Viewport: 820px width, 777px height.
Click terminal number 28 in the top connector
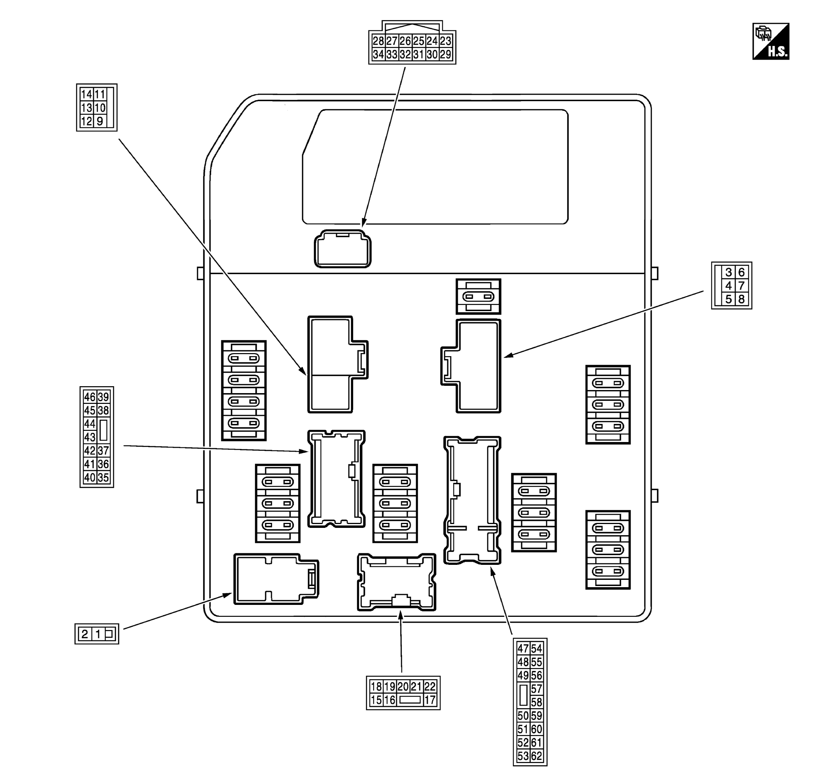(378, 41)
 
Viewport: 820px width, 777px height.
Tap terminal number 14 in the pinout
(87, 94)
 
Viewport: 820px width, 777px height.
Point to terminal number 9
(100, 121)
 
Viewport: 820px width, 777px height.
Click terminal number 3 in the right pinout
(728, 272)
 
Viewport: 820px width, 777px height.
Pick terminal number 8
(741, 299)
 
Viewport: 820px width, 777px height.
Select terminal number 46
(90, 397)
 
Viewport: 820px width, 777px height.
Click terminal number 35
(103, 477)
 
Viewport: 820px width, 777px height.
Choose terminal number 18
(376, 687)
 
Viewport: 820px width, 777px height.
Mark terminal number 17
(430, 700)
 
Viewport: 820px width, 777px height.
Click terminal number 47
(523, 649)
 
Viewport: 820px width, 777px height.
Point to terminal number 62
(536, 756)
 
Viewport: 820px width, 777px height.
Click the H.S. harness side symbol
(771, 42)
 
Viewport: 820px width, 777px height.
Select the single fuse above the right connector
(478, 296)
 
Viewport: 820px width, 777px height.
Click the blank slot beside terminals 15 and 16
(410, 700)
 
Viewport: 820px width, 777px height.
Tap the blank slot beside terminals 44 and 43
(104, 430)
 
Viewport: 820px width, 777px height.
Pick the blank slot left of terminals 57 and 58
(523, 695)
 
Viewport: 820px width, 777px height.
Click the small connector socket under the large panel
(343, 249)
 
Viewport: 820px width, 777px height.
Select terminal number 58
(536, 702)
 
